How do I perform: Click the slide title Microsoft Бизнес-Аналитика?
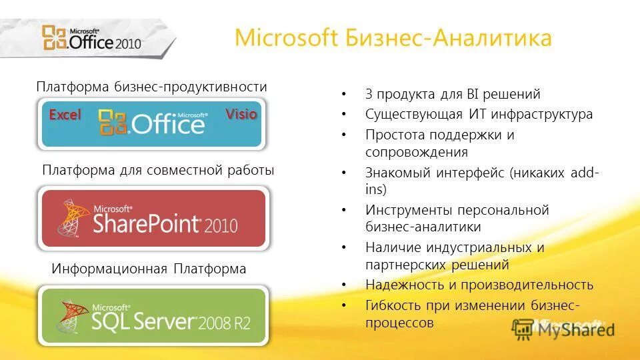coord(393,38)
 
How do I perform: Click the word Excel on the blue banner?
coord(65,115)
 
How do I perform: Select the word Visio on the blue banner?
coord(241,114)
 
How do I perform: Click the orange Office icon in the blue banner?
coord(113,123)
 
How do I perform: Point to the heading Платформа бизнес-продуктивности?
coord(151,87)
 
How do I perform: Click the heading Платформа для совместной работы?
coord(158,171)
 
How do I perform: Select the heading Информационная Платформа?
coord(149,269)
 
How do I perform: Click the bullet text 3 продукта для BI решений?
coord(452,94)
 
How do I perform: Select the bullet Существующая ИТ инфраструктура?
coord(479,114)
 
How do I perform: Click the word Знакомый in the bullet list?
coord(398,173)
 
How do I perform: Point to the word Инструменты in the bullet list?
coord(409,210)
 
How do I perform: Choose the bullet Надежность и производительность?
coord(479,285)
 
